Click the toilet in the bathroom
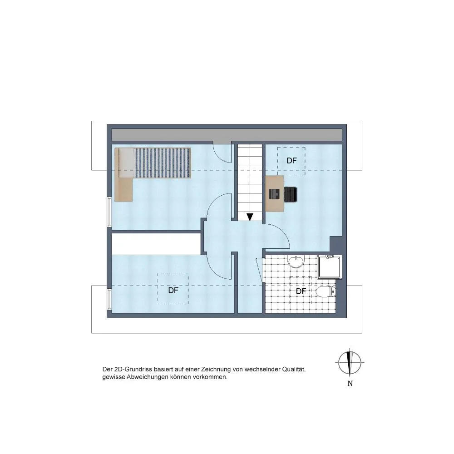pos(326,292)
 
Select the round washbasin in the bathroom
pos(296,262)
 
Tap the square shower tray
pos(330,267)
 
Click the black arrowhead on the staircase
pos(250,217)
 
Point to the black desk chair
pos(291,194)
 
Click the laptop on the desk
pos(275,194)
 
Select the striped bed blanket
pos(163,163)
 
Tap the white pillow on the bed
pos(127,163)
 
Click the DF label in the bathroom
pos(301,291)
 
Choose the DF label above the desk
pos(291,161)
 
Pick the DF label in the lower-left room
pos(173,291)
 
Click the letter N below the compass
pos(350,384)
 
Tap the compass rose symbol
pos(350,362)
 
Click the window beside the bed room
pos(109,212)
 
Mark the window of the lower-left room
pos(109,299)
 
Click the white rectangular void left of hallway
pos(156,244)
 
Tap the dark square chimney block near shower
pos(336,244)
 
